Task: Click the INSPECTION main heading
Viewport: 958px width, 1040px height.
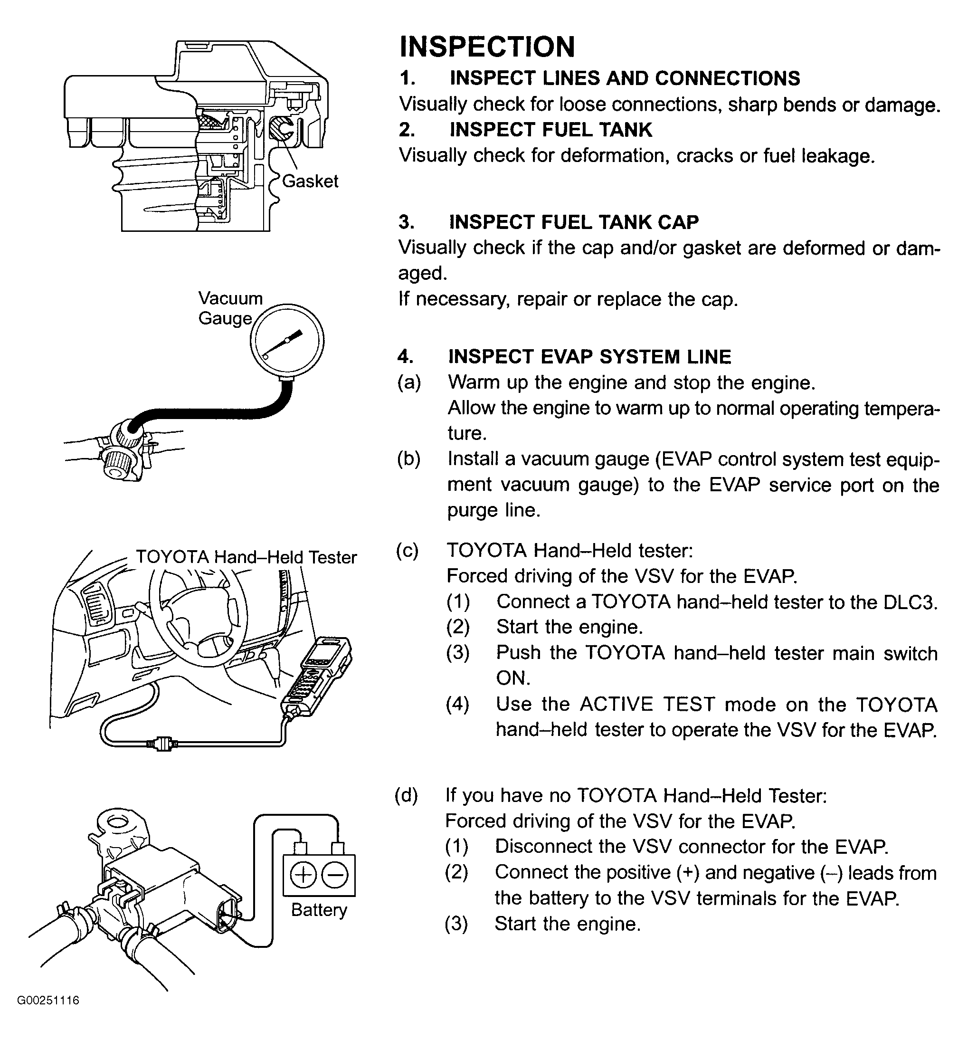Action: coord(487,47)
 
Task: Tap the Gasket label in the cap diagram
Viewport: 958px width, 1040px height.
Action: coord(310,181)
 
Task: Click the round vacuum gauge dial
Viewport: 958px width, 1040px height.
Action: coord(287,341)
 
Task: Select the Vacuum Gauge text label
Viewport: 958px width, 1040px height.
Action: coord(230,308)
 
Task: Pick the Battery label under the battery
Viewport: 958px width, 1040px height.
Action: coord(318,909)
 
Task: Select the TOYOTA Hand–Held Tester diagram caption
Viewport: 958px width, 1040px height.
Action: coord(246,557)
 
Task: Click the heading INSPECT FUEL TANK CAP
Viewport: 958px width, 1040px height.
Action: coord(573,222)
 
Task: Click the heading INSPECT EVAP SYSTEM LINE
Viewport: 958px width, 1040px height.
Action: coord(589,357)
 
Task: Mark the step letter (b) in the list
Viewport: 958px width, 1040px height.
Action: coord(409,459)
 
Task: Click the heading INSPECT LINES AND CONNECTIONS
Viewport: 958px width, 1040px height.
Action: coord(625,78)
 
